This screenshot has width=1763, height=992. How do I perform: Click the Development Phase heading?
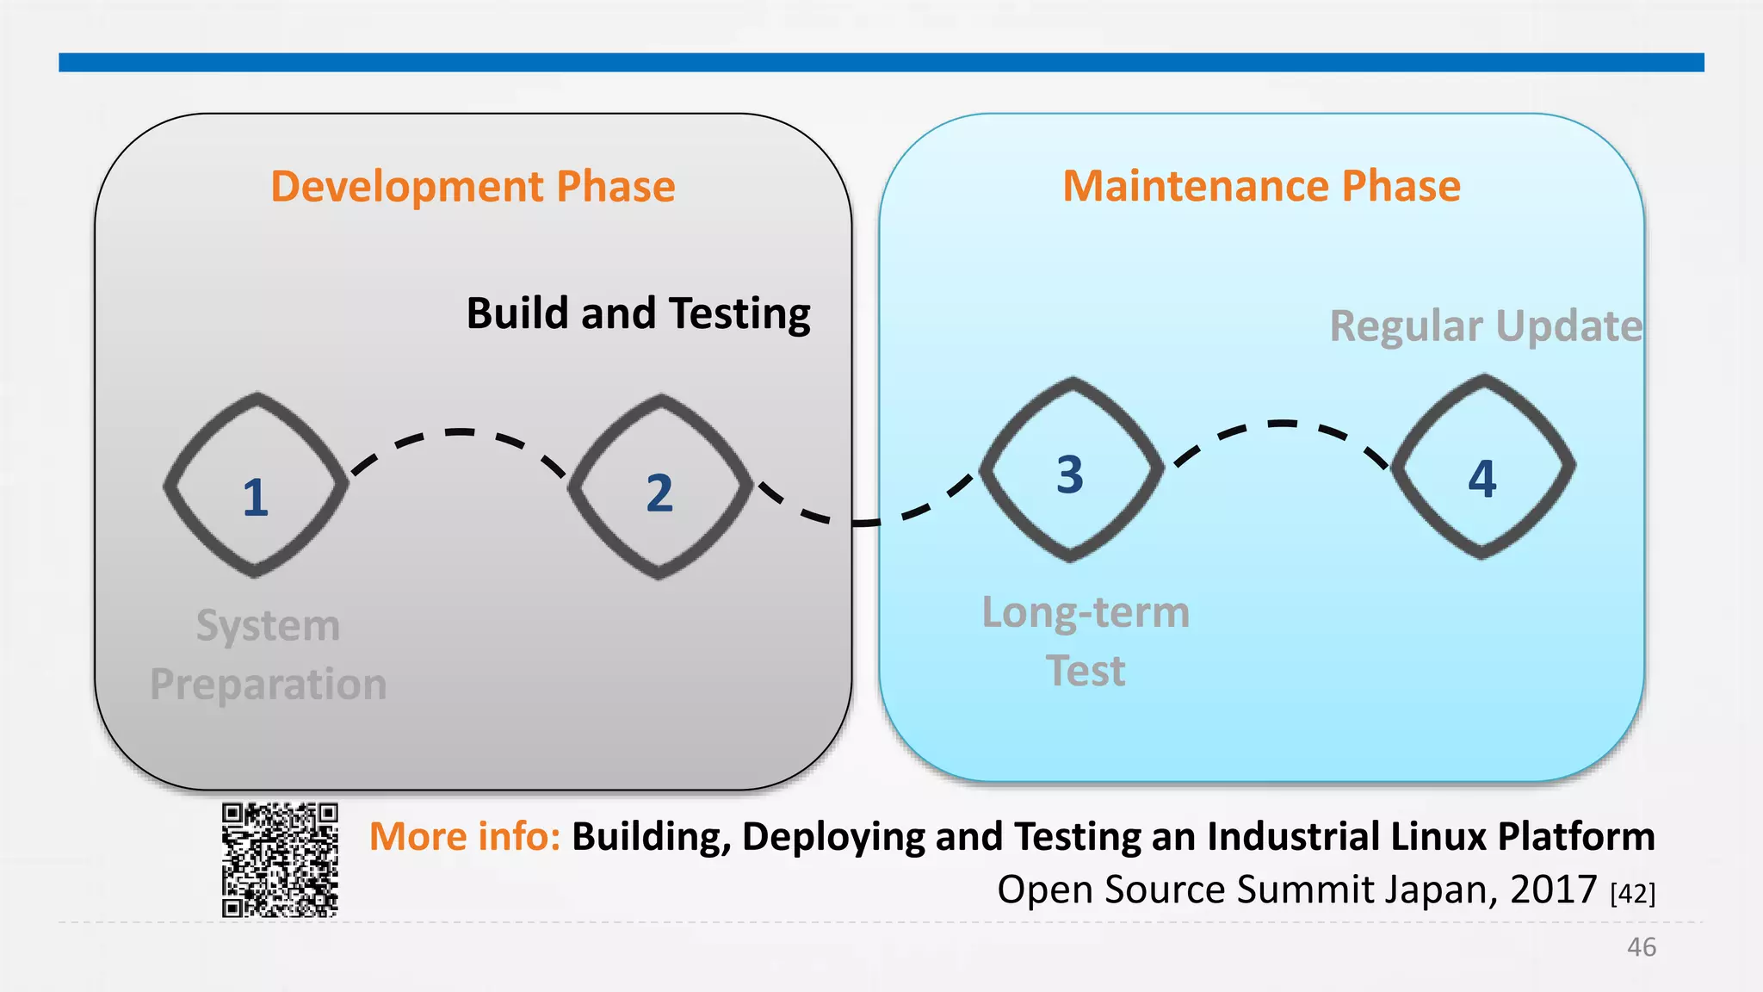click(x=473, y=187)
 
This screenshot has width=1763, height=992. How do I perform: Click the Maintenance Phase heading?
click(x=1261, y=186)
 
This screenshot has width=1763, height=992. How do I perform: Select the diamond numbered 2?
click(x=659, y=487)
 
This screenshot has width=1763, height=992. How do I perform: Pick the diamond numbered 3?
click(x=1071, y=470)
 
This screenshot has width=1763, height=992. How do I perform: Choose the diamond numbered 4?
click(x=1482, y=468)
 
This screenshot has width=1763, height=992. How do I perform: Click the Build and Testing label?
click(x=638, y=313)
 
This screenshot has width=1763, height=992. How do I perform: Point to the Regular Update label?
click(x=1485, y=326)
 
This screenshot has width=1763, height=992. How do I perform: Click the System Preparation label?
click(x=268, y=654)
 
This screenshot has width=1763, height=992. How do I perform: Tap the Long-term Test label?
click(x=1086, y=641)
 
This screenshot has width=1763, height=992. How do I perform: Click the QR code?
click(x=280, y=859)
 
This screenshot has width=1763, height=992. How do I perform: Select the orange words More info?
click(x=465, y=836)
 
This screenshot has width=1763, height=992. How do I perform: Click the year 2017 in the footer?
click(x=1553, y=890)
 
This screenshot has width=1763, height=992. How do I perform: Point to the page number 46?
click(x=1641, y=947)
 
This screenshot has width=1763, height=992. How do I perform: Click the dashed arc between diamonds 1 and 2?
click(x=459, y=432)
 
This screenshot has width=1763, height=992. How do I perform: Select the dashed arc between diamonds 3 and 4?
click(x=1283, y=424)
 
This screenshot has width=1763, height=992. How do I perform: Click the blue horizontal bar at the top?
click(x=881, y=62)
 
